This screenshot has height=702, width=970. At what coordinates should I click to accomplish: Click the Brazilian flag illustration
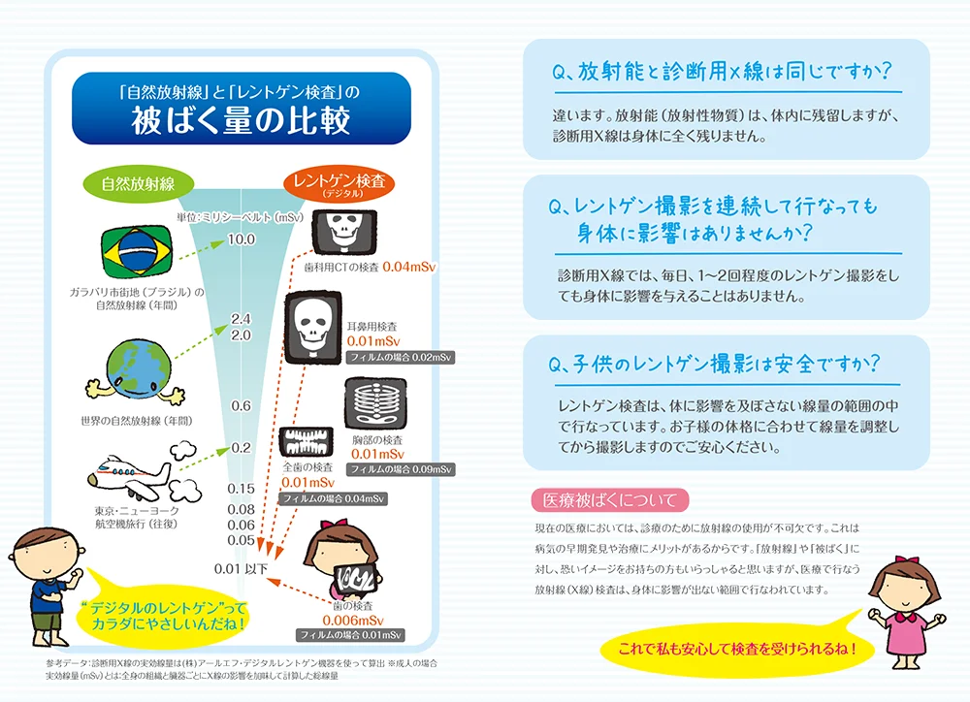[137, 252]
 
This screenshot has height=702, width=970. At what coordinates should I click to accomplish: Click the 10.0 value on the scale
[242, 239]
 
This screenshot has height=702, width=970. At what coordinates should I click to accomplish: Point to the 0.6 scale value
[242, 405]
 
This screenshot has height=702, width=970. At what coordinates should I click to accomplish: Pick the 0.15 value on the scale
[242, 489]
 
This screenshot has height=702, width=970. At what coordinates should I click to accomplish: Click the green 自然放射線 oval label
[138, 183]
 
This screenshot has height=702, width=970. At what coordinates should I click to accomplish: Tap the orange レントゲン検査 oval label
[339, 183]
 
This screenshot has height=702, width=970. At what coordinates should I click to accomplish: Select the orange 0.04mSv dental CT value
[409, 268]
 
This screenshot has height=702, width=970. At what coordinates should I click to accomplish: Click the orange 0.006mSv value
[353, 621]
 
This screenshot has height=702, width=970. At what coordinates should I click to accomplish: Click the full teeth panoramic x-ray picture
[307, 442]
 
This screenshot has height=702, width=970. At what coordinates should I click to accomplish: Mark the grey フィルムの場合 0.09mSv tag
[401, 469]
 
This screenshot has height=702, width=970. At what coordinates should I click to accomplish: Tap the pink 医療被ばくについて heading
[610, 499]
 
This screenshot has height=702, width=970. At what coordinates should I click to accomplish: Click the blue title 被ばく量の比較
[242, 120]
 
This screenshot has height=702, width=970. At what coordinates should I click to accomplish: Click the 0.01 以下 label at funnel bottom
[242, 568]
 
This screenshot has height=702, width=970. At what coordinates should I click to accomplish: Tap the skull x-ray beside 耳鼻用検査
[313, 328]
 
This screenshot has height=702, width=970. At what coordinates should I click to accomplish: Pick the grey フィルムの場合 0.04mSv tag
[334, 498]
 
